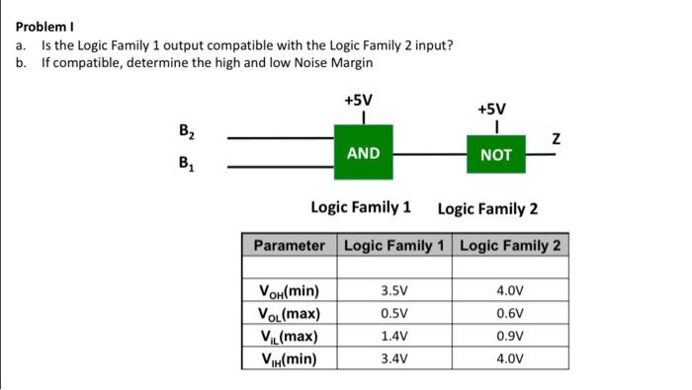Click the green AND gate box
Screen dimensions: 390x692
[x=363, y=152]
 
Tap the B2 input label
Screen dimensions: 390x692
[x=186, y=130]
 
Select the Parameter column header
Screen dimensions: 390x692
[x=289, y=245]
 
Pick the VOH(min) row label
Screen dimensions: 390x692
[x=289, y=291]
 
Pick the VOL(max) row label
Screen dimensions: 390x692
[x=289, y=314]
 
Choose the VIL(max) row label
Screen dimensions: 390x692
[x=287, y=337]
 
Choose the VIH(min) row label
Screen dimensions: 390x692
[x=287, y=358]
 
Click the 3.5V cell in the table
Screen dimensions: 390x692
[x=393, y=291]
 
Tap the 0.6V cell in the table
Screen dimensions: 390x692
[x=511, y=314]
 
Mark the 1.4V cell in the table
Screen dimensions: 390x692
[x=393, y=337]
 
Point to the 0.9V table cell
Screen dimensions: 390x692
[x=511, y=337]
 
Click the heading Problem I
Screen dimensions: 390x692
[x=42, y=27]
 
